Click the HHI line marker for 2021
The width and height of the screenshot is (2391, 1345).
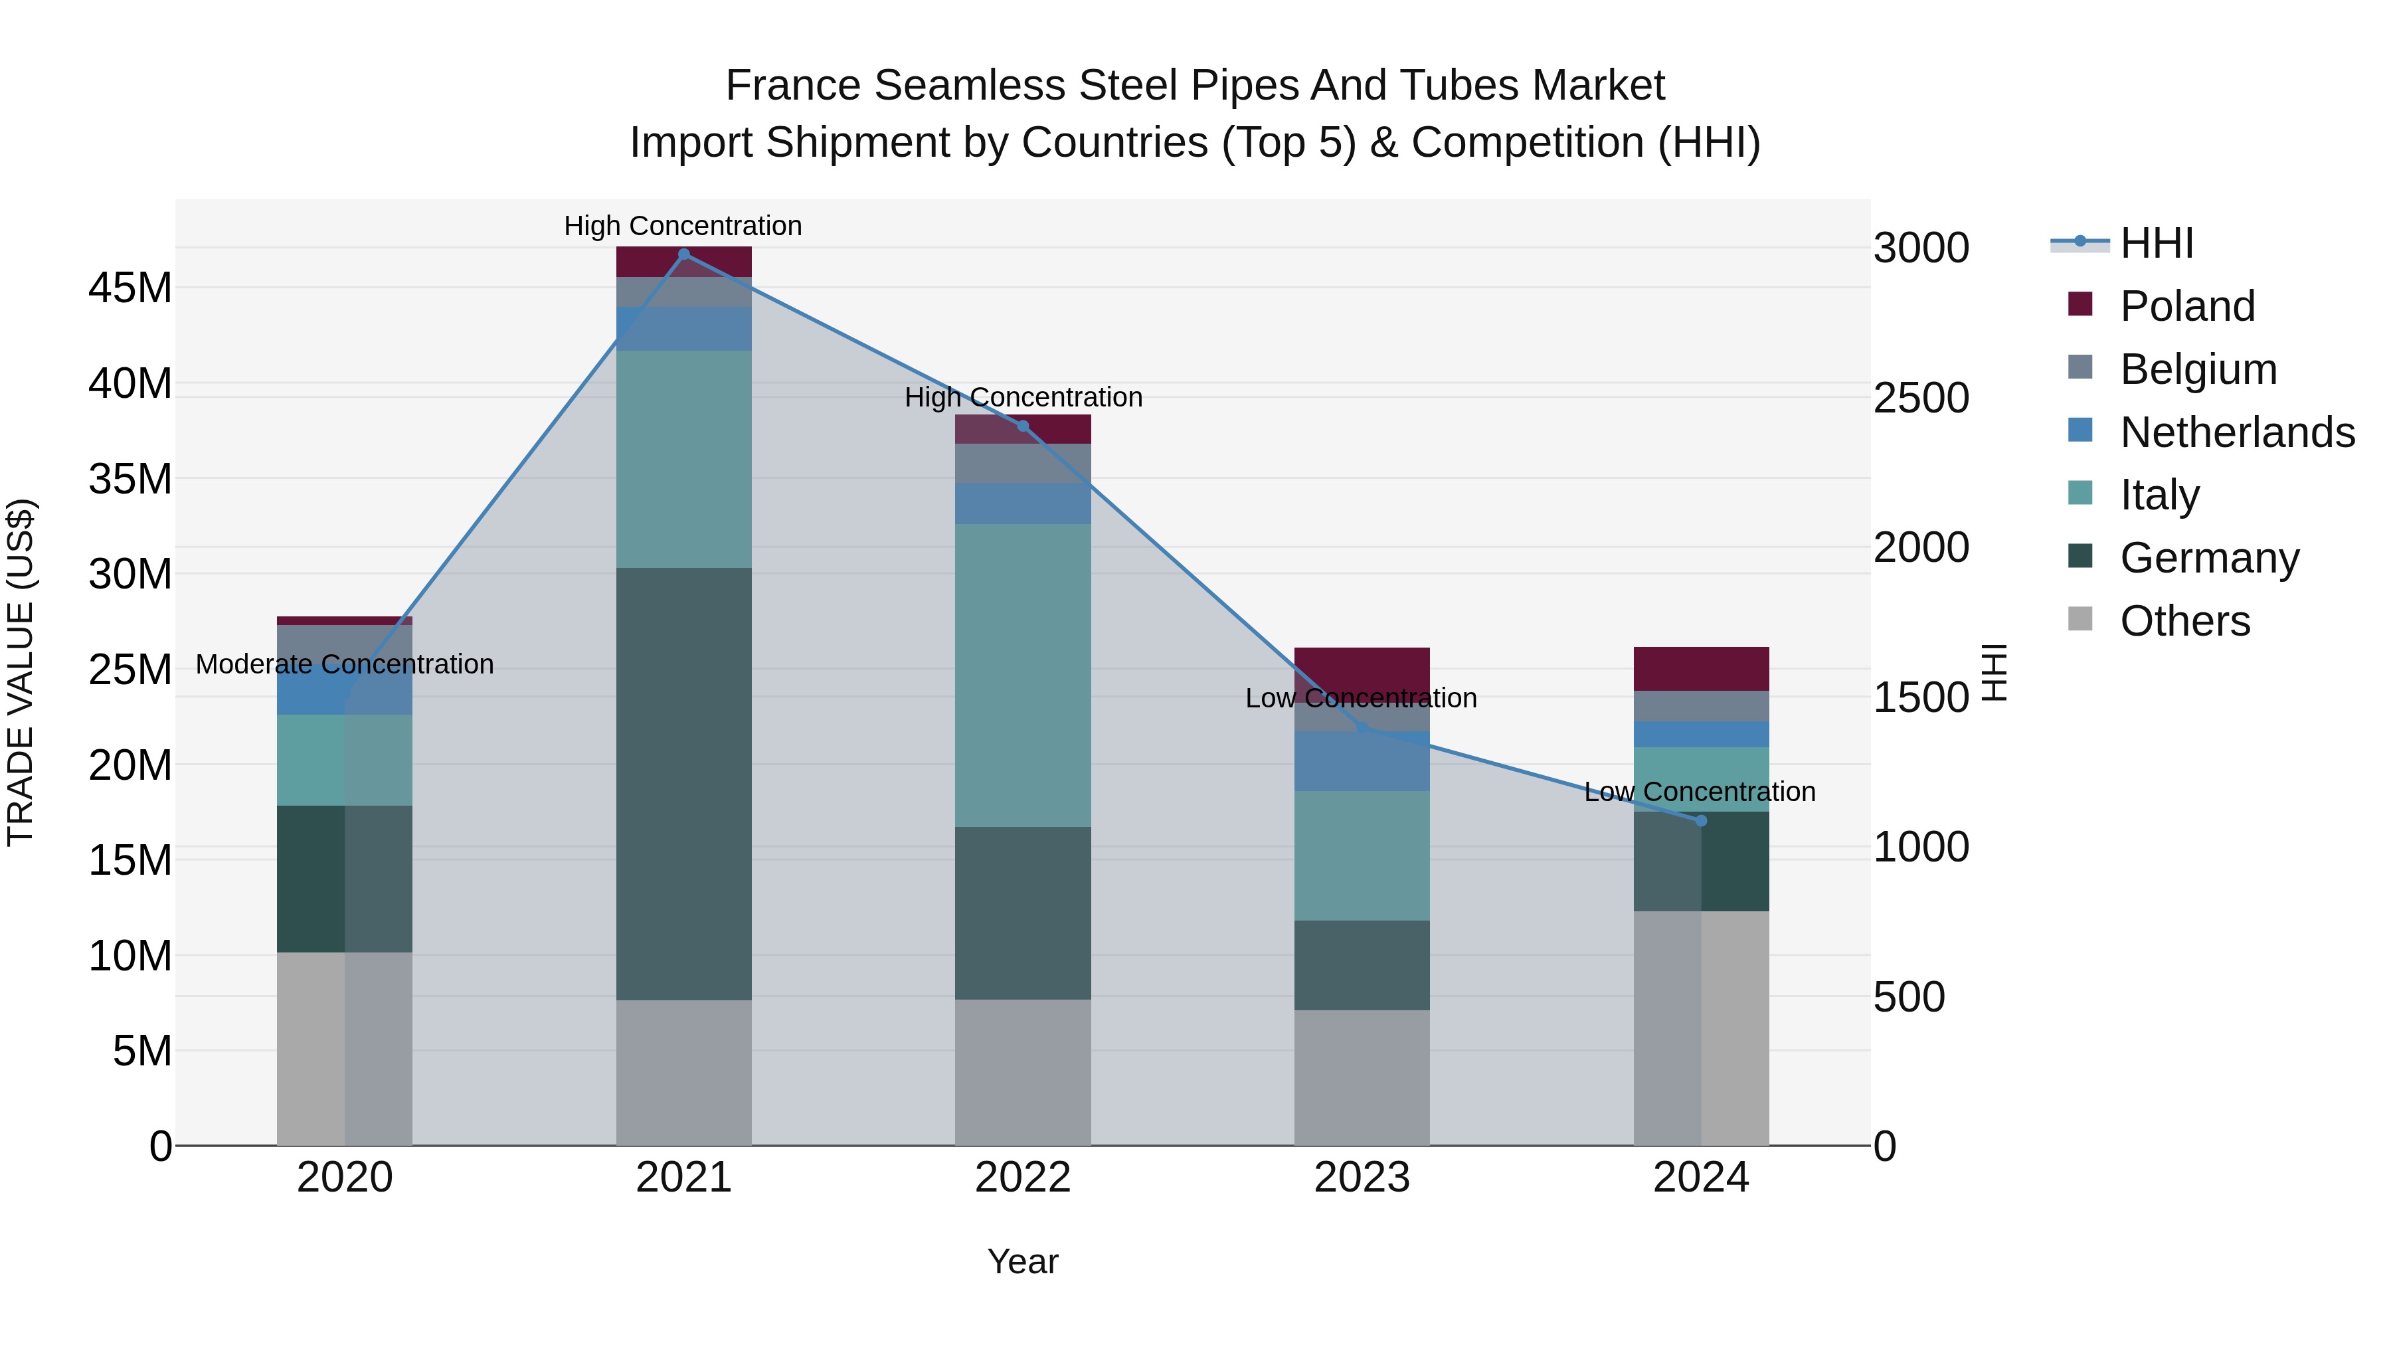click(x=684, y=254)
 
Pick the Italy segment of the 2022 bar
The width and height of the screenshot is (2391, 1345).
click(x=1023, y=675)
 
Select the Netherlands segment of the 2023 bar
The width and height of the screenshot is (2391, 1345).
click(x=1362, y=761)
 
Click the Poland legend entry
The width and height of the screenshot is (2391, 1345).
click(x=2187, y=306)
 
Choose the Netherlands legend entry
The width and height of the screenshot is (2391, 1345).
click(x=2237, y=432)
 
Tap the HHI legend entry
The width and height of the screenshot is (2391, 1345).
click(x=2156, y=243)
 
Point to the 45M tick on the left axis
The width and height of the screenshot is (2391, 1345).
click(x=130, y=288)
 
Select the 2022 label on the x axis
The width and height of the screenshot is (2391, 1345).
click(x=1023, y=1178)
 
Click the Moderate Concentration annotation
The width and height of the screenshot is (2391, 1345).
click(x=344, y=665)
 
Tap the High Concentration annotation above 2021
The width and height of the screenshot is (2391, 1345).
click(x=683, y=226)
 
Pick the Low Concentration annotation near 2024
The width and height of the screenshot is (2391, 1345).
click(x=1700, y=792)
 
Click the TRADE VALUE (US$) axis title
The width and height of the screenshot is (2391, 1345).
click(x=21, y=672)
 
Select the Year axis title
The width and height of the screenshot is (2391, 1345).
click(x=1023, y=1261)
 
